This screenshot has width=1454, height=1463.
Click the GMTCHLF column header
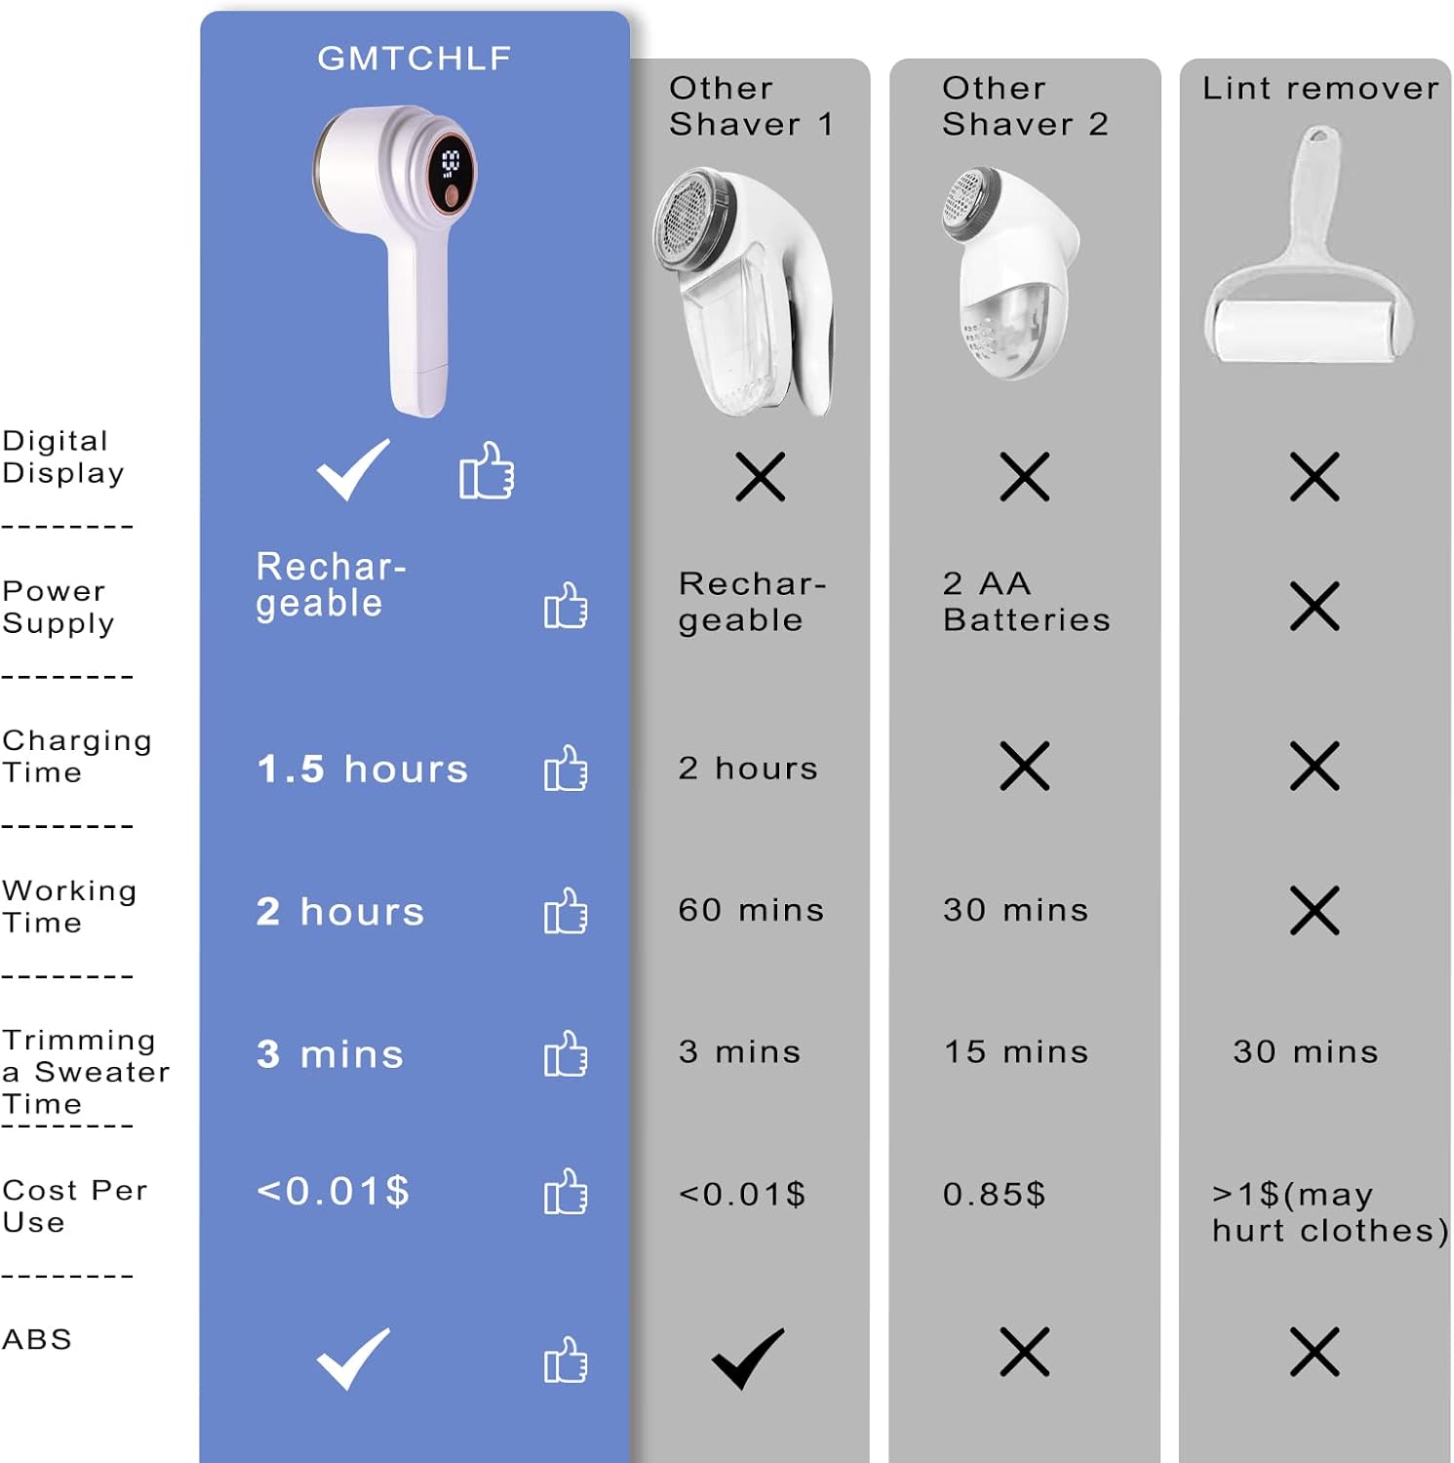point(414,58)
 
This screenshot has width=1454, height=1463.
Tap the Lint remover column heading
point(1320,88)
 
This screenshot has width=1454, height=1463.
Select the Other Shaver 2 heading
point(1025,105)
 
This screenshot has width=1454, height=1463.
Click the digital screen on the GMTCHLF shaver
point(451,168)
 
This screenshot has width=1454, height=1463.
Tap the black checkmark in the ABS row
point(748,1357)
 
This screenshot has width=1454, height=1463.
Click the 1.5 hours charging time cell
point(363,769)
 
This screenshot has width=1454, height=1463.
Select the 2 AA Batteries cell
point(1026,601)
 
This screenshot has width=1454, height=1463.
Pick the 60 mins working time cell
point(751,910)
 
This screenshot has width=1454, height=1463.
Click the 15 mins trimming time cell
point(1016,1051)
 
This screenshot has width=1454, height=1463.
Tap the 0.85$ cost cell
point(994,1194)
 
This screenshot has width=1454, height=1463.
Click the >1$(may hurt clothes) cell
point(1330,1212)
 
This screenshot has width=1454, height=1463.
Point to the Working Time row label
point(69,906)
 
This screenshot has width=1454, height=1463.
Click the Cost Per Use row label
point(75,1206)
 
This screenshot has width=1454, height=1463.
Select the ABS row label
point(37,1339)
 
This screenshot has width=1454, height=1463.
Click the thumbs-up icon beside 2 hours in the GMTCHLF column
point(566,911)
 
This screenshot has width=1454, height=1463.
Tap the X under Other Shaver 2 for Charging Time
point(1025,766)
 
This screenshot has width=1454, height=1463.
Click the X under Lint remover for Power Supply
point(1315,606)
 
